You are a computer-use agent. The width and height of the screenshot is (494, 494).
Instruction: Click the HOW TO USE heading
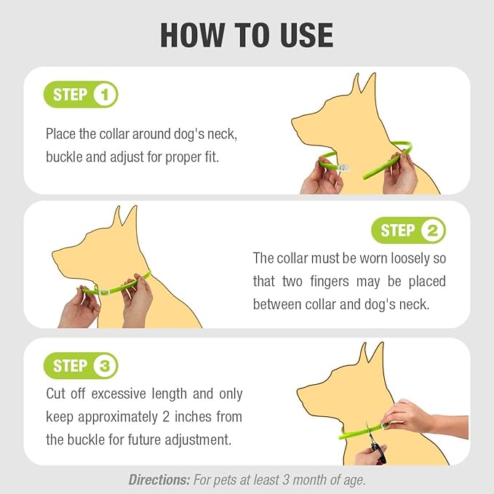coord(247,34)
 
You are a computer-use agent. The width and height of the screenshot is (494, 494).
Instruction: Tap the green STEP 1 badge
coord(81,95)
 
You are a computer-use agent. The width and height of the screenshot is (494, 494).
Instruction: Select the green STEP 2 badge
coord(408,231)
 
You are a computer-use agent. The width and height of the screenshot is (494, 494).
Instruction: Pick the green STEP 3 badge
coord(81,366)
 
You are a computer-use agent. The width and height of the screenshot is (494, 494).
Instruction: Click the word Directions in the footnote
coord(159,479)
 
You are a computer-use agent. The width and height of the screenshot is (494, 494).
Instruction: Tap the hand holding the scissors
coord(370,455)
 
